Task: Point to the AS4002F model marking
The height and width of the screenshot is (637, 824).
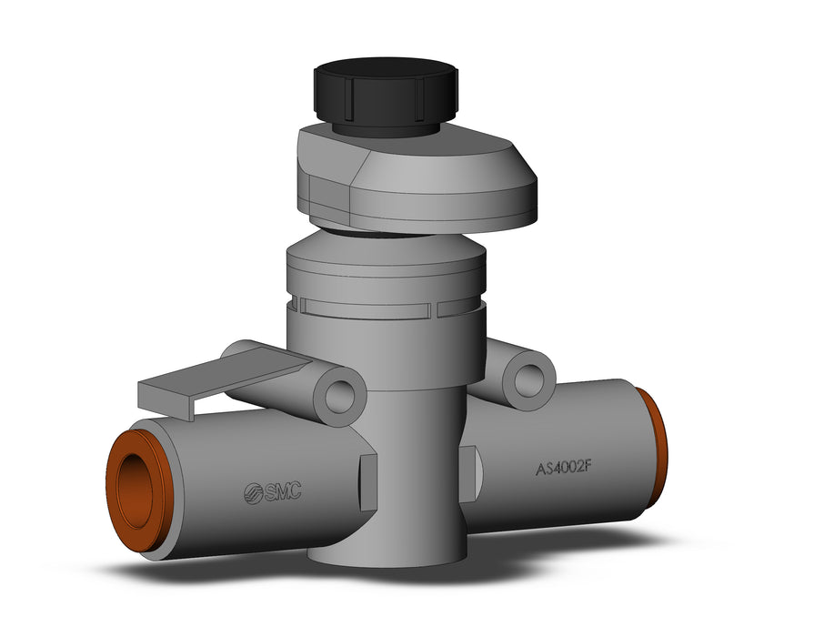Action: pyautogui.click(x=564, y=467)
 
